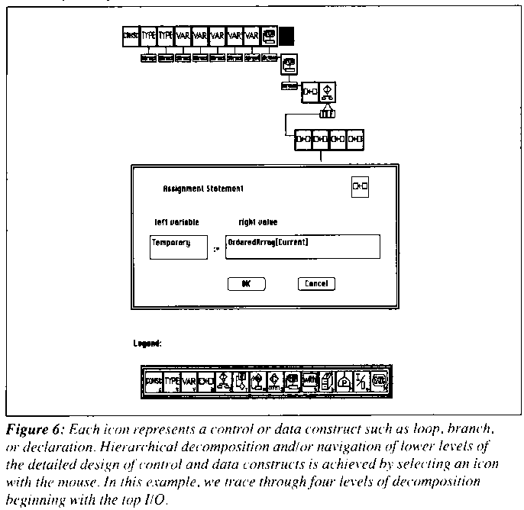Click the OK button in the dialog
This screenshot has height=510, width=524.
pyautogui.click(x=247, y=283)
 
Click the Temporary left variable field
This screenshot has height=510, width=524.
pyautogui.click(x=180, y=247)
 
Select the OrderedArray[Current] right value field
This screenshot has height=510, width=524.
pyautogui.click(x=302, y=247)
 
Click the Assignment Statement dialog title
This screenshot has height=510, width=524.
pyautogui.click(x=203, y=187)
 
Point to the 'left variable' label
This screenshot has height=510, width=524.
pyautogui.click(x=176, y=222)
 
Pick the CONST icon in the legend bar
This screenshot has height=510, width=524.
pyautogui.click(x=154, y=380)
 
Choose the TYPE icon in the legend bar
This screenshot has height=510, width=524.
pyautogui.click(x=173, y=380)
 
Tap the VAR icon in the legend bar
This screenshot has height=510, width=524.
pyautogui.click(x=189, y=380)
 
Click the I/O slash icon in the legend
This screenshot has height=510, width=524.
pyautogui.click(x=362, y=380)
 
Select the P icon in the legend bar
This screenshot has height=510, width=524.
pyautogui.click(x=344, y=380)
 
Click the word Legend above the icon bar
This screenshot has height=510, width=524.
pyautogui.click(x=147, y=344)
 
